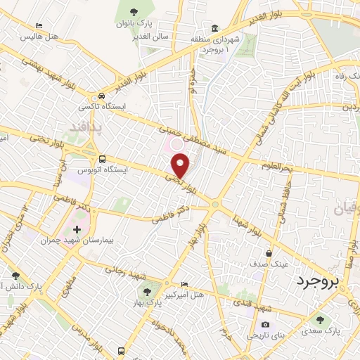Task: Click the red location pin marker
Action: (x=181, y=165)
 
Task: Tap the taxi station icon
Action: (x=103, y=96)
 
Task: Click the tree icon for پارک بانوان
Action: (x=133, y=10)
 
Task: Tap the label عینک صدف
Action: (x=269, y=264)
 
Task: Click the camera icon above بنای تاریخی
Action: (x=265, y=325)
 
